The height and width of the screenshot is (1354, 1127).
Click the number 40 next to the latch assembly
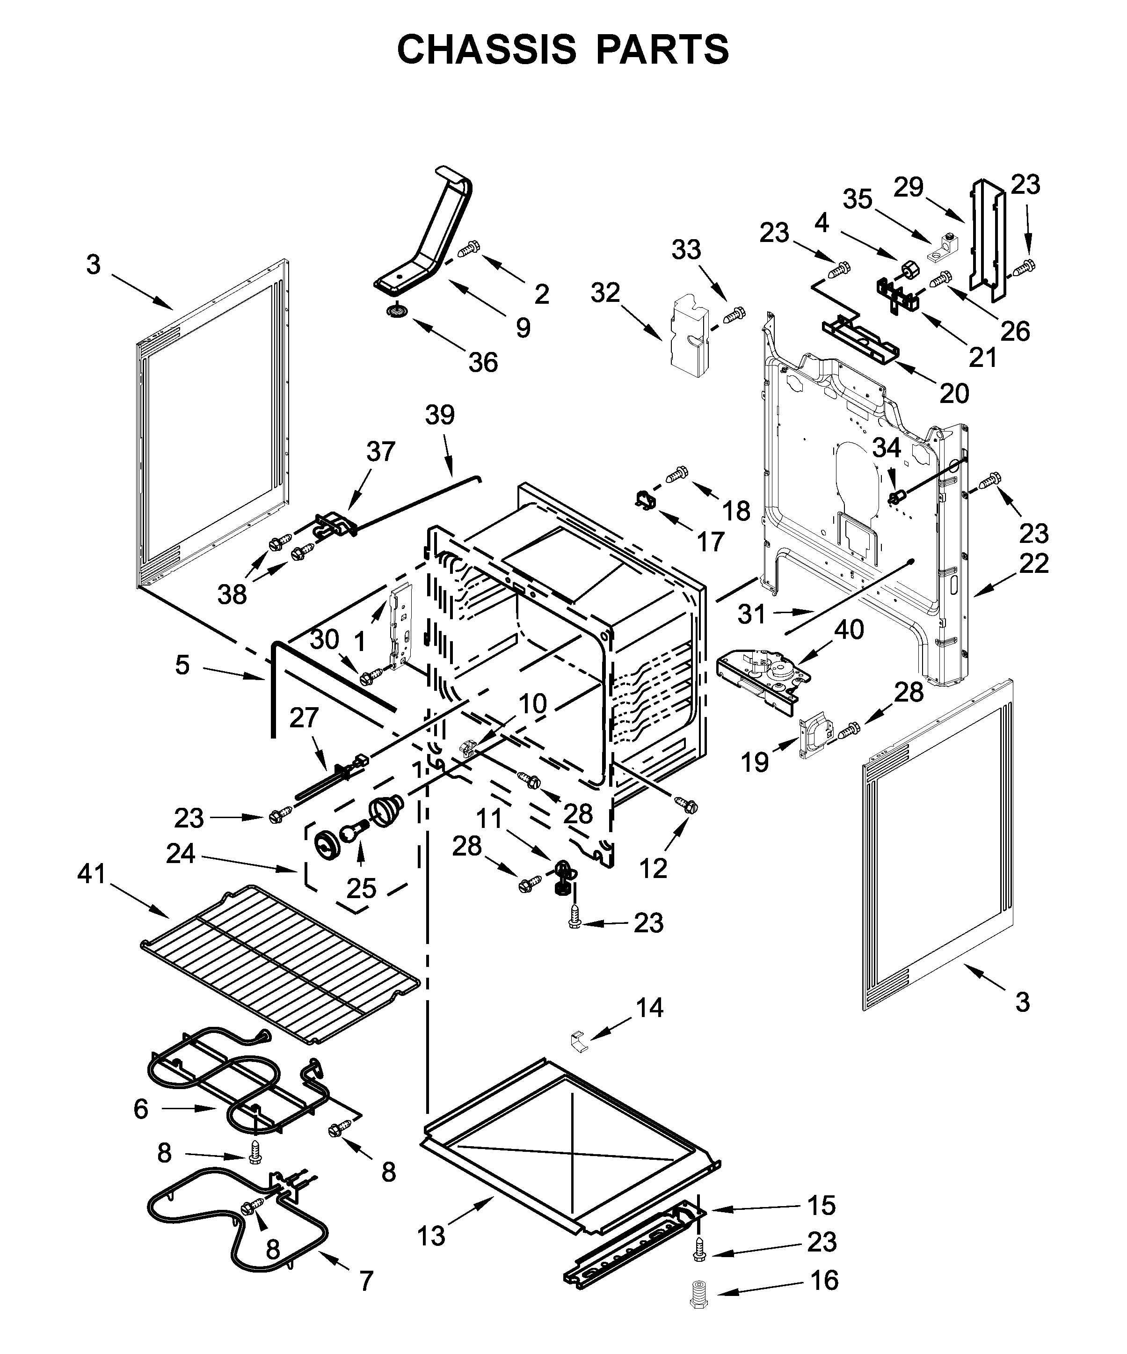point(849,629)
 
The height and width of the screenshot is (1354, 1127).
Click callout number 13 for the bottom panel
point(430,1236)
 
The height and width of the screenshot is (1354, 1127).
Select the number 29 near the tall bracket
point(909,187)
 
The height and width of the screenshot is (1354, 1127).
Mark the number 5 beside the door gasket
point(182,665)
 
